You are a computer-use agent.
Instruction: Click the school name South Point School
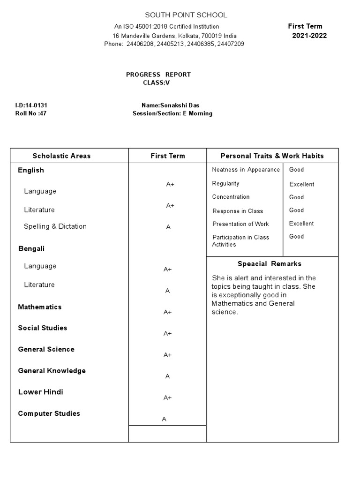pos(186,15)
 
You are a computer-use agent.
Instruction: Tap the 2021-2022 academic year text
pos(309,36)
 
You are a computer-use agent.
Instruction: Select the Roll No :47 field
pos(31,113)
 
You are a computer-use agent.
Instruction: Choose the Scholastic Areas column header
pos(61,156)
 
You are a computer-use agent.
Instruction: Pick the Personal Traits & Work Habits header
pos(272,156)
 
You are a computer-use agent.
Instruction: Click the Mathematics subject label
pos(40,307)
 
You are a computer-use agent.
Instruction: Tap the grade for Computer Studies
pos(164,419)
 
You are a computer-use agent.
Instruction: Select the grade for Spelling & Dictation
pos(168,227)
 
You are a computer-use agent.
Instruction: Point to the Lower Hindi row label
pos(41,392)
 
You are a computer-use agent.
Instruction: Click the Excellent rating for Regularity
pos(301,184)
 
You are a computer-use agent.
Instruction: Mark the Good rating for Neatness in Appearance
pos(296,170)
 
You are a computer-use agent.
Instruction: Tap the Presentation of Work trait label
pos(240,224)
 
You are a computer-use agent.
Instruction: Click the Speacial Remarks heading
pos(270,264)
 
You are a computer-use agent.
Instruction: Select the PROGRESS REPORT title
pos(158,75)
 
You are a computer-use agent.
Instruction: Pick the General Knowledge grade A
pos(167,376)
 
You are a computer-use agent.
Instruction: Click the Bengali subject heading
pos(31,248)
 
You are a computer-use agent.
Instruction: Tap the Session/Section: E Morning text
pos(172,113)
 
